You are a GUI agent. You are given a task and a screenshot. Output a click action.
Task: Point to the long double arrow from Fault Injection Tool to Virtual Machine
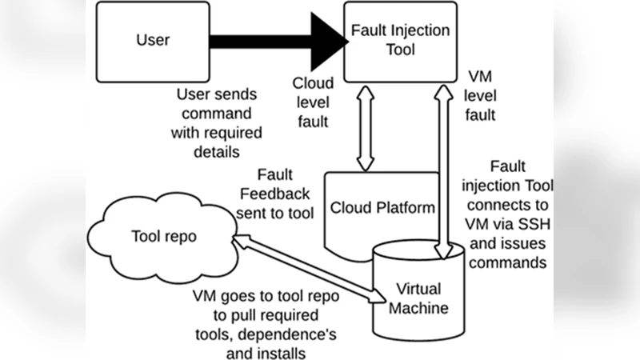point(439,168)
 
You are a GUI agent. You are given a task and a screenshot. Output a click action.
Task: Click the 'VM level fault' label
point(481,95)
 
